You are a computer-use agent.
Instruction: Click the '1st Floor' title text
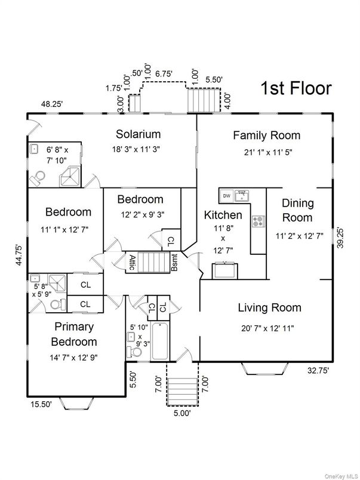(x=296, y=88)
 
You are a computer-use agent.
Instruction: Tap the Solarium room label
(x=138, y=134)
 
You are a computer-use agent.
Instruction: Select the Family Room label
(x=266, y=136)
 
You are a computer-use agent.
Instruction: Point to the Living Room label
(x=269, y=308)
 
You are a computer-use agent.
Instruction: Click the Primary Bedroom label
(x=75, y=334)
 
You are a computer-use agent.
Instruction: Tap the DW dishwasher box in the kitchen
(x=227, y=195)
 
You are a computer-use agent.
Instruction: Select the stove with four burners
(x=259, y=221)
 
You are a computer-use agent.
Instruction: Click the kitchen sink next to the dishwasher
(x=242, y=195)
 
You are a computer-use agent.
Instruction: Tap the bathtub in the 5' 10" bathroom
(x=159, y=341)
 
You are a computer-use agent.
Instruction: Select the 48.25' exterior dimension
(x=53, y=103)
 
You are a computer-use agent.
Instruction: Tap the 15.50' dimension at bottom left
(x=41, y=404)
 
